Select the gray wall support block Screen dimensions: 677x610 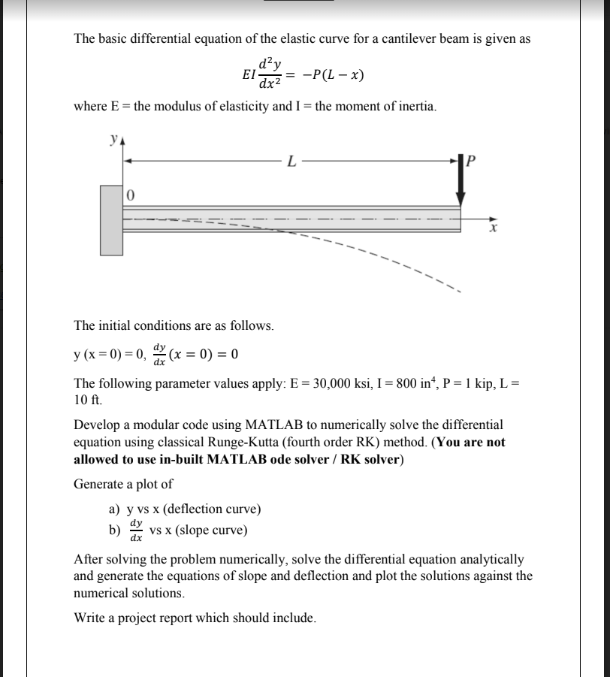pyautogui.click(x=111, y=218)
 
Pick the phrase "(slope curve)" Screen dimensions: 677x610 pyautogui.click(x=213, y=530)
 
